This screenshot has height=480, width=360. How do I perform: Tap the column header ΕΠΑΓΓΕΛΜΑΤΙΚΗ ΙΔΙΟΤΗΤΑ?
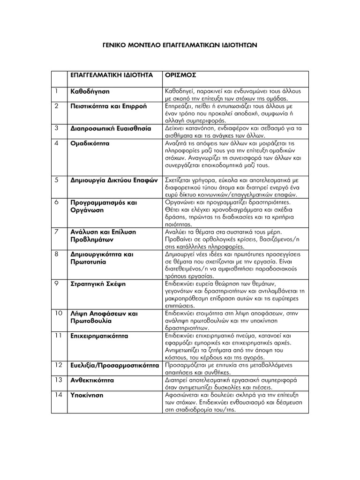click(111, 75)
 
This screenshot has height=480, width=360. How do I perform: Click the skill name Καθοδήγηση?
click(90, 90)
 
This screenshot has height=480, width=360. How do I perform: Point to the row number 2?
click(56, 106)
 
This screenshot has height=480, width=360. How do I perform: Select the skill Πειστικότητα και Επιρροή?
click(108, 106)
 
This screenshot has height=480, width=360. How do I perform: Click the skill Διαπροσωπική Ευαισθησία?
click(111, 128)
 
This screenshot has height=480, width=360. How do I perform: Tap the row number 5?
click(56, 179)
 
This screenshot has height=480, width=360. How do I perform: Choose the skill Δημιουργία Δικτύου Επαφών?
click(113, 179)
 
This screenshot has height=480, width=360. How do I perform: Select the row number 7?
click(56, 232)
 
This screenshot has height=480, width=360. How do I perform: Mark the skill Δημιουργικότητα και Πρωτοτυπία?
click(102, 258)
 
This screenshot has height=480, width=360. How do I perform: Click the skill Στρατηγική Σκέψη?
click(98, 284)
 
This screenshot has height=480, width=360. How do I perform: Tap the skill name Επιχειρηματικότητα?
click(99, 336)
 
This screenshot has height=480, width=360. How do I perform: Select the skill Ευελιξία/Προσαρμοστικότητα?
click(114, 365)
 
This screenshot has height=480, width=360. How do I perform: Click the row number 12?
click(58, 365)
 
